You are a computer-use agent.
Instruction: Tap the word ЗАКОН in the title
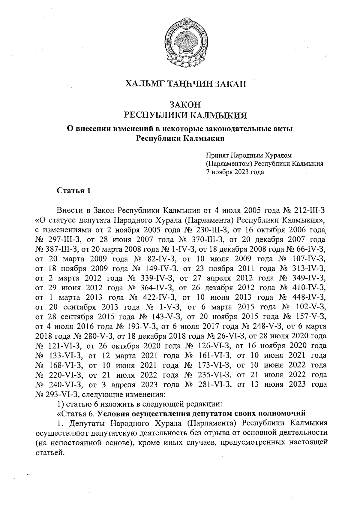tap(185, 105)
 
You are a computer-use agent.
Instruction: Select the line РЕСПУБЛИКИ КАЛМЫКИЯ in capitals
tap(185, 115)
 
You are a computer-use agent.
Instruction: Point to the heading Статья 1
tap(74, 191)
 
